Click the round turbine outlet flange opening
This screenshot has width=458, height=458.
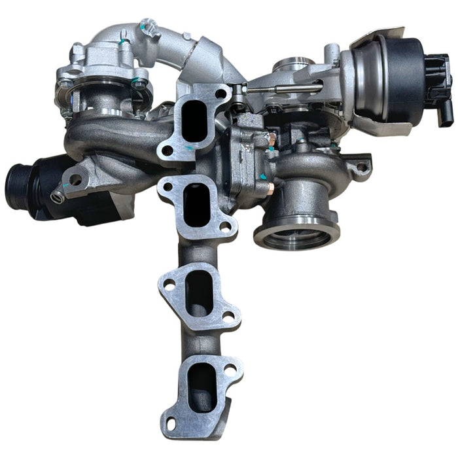296,236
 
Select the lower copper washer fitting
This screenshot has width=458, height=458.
270,188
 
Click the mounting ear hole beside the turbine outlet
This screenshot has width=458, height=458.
361,167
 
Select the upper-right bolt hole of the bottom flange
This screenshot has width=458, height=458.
229,370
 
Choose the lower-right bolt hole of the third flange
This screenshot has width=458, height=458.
229,315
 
